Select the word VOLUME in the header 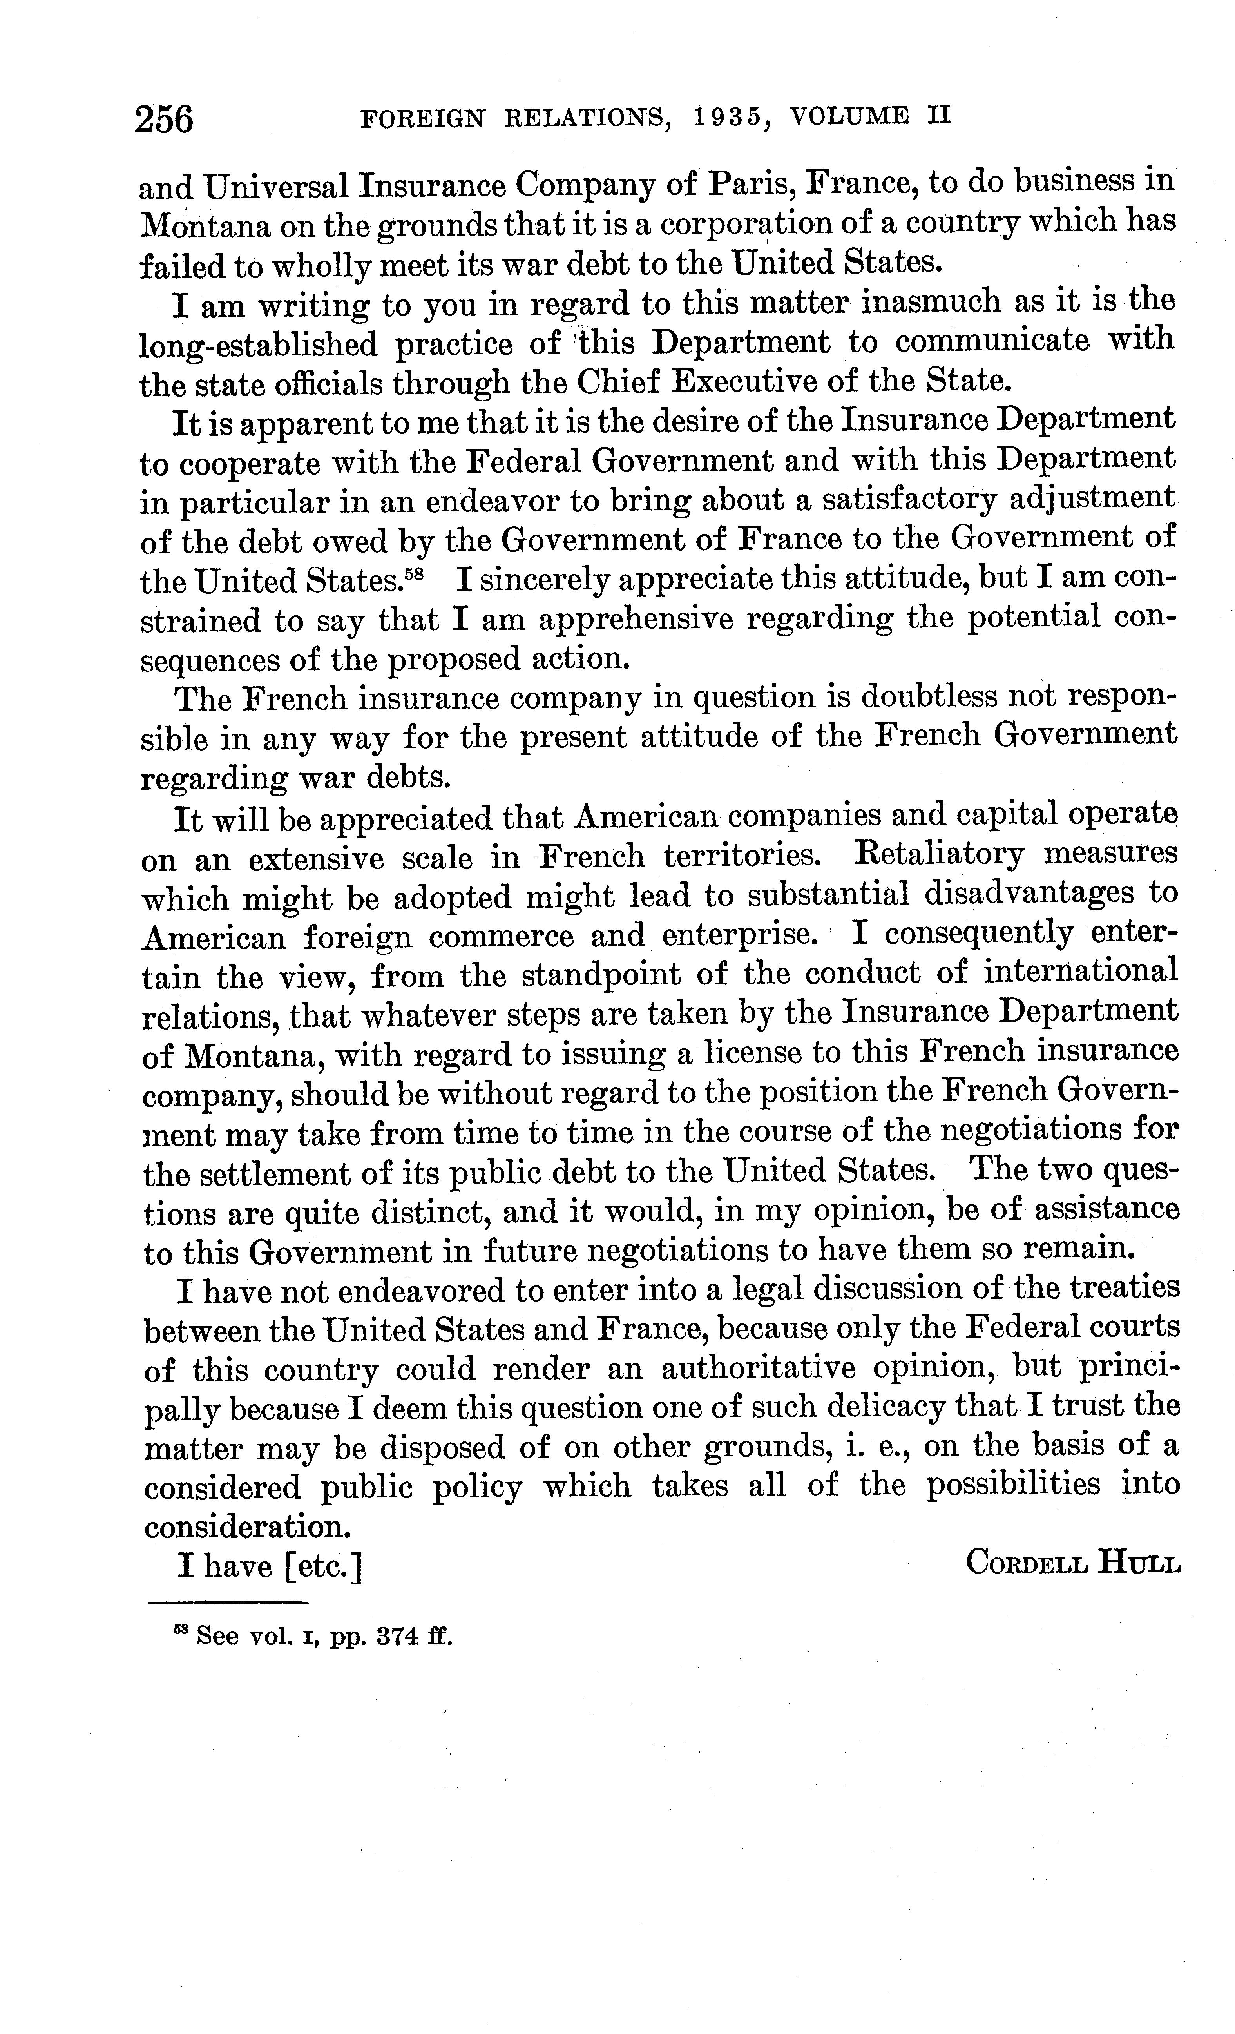click(849, 116)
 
